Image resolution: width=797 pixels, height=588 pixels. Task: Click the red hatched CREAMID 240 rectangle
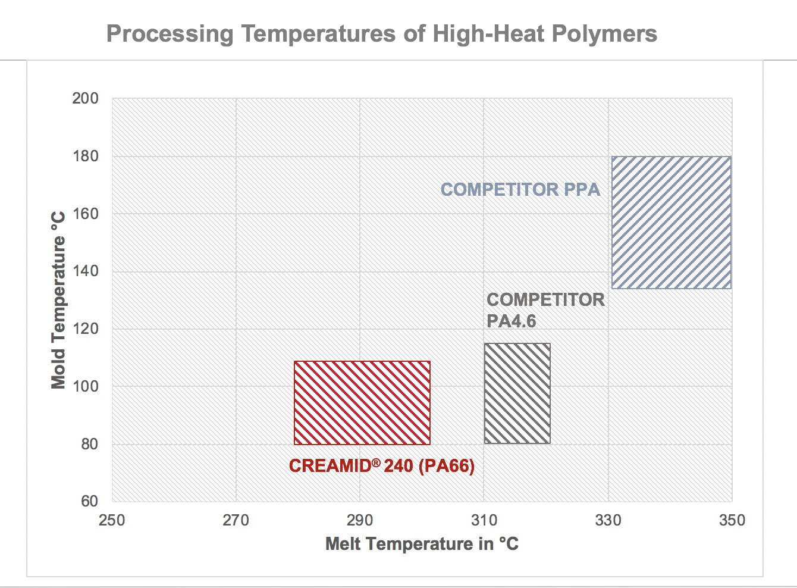362,403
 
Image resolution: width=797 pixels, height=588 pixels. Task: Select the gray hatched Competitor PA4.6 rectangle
517,393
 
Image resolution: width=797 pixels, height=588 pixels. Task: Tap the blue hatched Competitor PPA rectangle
672,223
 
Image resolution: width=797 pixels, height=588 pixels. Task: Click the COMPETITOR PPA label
520,190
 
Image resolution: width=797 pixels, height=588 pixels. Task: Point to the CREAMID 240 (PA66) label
382,465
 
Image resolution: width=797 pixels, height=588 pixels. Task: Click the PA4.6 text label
512,321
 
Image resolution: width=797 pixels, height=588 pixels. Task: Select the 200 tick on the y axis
86,98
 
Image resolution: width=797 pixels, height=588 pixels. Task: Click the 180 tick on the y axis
86,156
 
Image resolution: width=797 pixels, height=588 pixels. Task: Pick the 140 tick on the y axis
86,271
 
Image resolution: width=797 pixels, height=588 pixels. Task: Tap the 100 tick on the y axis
86,386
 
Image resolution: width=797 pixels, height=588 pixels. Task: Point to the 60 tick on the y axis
89,501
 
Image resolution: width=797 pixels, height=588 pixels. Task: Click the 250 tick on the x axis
112,521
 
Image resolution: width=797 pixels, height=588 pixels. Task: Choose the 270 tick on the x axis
236,521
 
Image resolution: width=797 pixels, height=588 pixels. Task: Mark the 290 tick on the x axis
360,521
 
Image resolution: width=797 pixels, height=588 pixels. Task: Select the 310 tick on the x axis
484,521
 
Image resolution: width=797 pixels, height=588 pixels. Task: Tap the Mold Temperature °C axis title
58,300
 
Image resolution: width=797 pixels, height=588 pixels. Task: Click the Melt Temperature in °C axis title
422,544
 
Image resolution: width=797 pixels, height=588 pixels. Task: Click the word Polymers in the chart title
604,34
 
